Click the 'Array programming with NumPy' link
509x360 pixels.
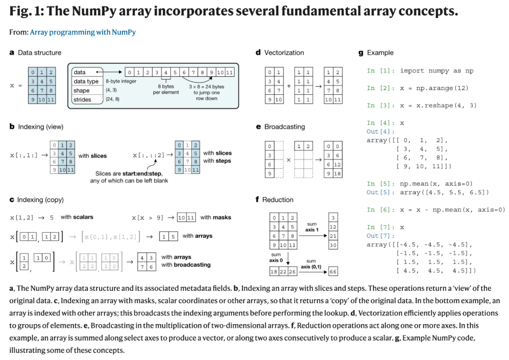83,32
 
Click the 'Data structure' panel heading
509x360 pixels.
40,53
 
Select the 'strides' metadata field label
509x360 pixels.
82,99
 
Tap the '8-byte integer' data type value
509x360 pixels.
121,81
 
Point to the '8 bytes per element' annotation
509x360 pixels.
166,89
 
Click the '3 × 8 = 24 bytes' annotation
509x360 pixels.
206,87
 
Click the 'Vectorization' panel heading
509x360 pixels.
284,53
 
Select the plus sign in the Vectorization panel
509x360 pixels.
289,86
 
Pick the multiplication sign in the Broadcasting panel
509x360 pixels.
288,160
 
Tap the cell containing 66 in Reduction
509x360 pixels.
333,271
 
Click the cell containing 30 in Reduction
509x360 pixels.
333,245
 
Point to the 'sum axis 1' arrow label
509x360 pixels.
312,227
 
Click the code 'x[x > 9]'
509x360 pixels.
148,218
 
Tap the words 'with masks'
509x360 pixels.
215,217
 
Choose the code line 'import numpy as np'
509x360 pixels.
436,71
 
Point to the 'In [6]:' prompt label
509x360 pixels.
380,210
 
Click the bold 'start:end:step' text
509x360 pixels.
142,174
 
